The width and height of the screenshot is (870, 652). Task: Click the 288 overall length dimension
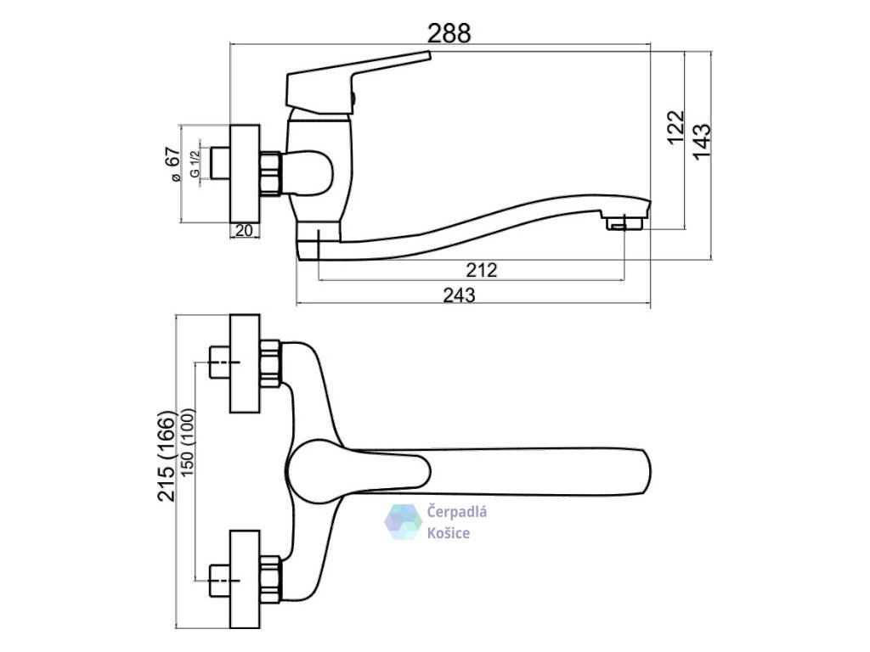click(449, 33)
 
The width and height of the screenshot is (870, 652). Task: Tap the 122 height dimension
click(676, 128)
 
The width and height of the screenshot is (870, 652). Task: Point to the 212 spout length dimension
click(481, 271)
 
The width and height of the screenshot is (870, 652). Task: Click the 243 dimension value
click(460, 295)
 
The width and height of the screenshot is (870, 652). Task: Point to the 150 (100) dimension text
click(188, 458)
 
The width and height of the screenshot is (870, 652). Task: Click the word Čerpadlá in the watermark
click(456, 512)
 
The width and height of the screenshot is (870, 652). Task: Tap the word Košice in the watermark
click(449, 532)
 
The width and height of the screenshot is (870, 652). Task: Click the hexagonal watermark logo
click(404, 522)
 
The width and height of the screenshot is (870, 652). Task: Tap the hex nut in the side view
click(271, 173)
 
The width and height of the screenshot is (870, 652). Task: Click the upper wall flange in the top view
click(246, 364)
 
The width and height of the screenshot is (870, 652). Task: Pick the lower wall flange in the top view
click(246, 580)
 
